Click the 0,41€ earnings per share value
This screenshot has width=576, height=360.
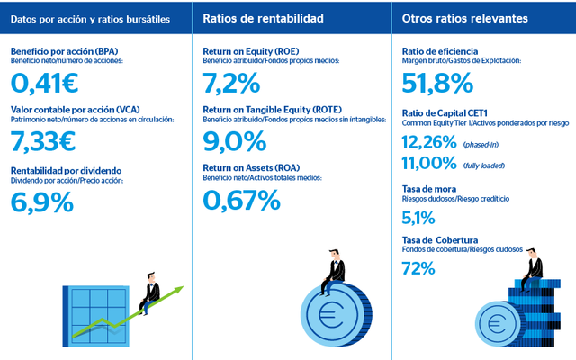point(44,84)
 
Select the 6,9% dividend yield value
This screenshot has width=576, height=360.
point(42,202)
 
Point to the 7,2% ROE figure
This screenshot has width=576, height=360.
point(232,84)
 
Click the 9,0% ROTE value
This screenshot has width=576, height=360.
point(235,141)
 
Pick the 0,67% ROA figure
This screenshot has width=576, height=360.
point(242,200)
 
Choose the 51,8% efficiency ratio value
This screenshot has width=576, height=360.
point(437,84)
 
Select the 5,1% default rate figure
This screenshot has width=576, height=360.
point(418,217)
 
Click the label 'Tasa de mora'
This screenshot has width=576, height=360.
point(427,189)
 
